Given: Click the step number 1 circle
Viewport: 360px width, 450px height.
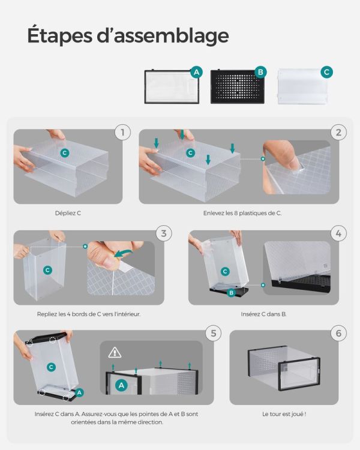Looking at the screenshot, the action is point(122,133).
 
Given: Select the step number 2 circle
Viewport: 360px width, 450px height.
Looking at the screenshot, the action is point(338,133).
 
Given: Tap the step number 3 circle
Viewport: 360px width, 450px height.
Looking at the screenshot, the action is point(164,233).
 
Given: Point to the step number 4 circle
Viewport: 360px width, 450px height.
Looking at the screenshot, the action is point(338,233).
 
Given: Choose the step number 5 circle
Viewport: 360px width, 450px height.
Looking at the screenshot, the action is point(214,334).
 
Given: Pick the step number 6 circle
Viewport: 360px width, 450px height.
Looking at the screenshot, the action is point(338,334).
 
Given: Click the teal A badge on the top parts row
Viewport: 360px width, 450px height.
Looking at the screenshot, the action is point(196,72).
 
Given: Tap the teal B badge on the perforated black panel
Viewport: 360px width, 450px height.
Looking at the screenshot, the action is point(260,72).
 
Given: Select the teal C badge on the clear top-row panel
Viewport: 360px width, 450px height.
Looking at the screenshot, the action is point(326,72).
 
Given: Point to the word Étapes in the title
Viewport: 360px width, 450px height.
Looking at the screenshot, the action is point(60,36).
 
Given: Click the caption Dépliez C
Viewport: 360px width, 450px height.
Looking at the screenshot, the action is point(68,213).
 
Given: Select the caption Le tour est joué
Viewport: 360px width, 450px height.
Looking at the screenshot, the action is point(284,414).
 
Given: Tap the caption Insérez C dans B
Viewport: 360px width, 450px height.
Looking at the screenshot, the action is point(263,314).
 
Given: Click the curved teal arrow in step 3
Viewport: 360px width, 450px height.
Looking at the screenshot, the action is point(124,253).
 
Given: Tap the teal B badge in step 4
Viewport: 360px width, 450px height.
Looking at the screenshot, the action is point(231,293).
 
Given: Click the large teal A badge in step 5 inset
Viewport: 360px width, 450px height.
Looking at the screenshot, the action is point(121,385).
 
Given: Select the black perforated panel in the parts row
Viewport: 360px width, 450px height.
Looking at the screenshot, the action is point(238,86).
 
